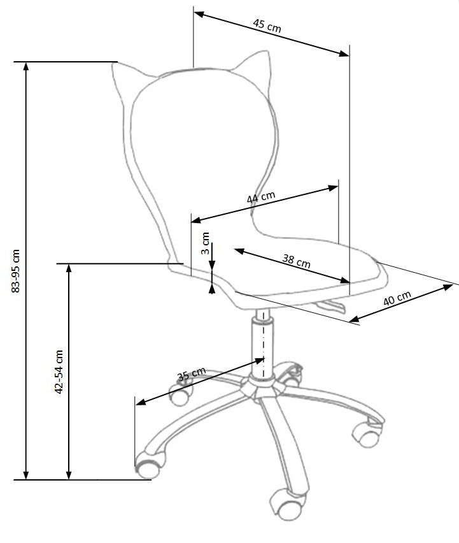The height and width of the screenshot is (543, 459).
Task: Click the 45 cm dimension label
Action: [x=267, y=25]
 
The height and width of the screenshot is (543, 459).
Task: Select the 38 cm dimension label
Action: [x=297, y=261]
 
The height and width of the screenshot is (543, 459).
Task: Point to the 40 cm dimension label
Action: [x=397, y=298]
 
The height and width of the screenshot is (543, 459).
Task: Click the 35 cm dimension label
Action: [x=191, y=374]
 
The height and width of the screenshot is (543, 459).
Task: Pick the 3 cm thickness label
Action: [x=205, y=243]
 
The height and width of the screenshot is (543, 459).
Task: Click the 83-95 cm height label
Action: [x=15, y=271]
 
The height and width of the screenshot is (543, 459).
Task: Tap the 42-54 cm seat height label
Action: [x=59, y=372]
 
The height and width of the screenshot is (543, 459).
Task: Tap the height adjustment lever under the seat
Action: [x=330, y=305]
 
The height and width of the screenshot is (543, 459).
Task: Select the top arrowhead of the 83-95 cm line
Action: [x=26, y=66]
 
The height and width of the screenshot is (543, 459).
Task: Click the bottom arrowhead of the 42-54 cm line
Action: [x=69, y=475]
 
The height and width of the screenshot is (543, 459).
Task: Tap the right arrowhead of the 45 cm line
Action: [x=344, y=54]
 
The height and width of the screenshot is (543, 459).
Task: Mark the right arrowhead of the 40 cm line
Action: [x=448, y=287]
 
